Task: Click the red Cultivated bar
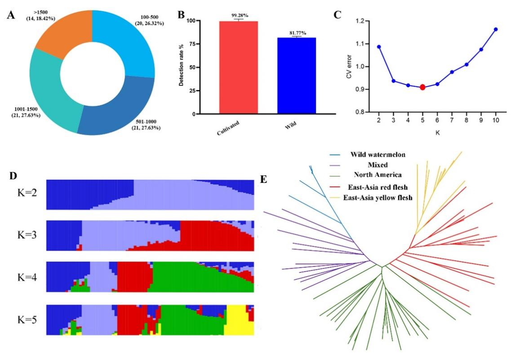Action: pyautogui.click(x=239, y=67)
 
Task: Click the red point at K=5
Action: pyautogui.click(x=422, y=87)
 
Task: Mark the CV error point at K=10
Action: pyautogui.click(x=496, y=29)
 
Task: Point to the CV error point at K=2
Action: pyautogui.click(x=379, y=47)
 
